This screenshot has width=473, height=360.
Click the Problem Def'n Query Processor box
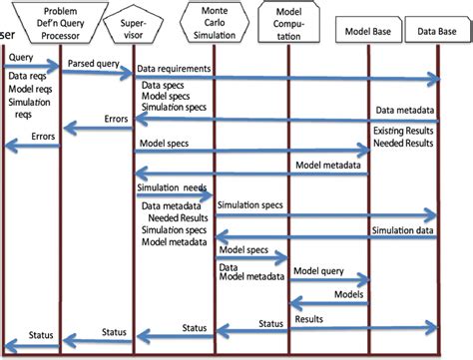(60, 23)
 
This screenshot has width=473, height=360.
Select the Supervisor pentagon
(133, 25)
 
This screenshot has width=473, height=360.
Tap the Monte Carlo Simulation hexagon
(215, 23)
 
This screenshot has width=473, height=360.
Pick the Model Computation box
(288, 23)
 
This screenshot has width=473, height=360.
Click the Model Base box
(368, 30)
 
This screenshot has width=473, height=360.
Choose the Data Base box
(437, 30)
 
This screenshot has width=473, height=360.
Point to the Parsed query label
(94, 64)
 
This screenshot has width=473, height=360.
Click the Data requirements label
(174, 69)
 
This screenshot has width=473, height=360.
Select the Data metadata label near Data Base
(405, 110)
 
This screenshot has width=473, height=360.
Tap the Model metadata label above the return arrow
(328, 166)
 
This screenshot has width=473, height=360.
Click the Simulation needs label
(172, 187)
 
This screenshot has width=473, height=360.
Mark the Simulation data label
(402, 230)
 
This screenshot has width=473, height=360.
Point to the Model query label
(318, 271)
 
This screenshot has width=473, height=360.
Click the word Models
(348, 294)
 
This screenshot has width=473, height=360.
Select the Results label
(308, 319)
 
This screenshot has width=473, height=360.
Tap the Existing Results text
(403, 131)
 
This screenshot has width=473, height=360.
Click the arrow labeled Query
(32, 66)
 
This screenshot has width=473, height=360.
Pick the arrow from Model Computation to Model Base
(329, 280)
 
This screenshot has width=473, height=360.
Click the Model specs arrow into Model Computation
(251, 258)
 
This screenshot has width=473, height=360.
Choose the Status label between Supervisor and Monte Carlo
(195, 328)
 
